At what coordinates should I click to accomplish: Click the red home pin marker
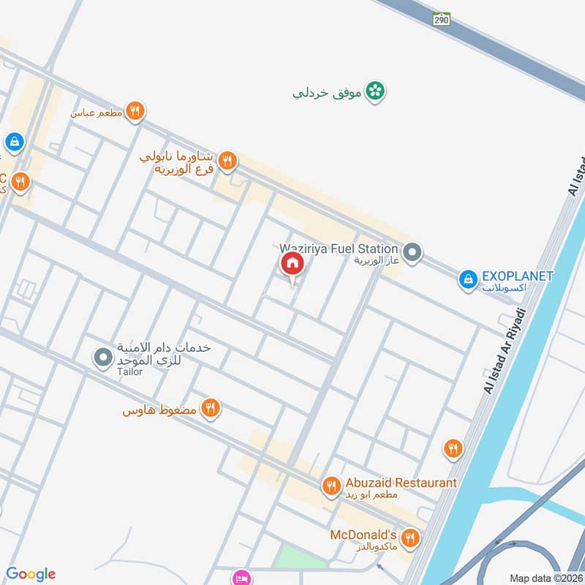[x=291, y=264]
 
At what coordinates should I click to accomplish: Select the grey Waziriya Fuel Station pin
[x=412, y=253]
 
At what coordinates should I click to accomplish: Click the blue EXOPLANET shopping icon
[x=467, y=279]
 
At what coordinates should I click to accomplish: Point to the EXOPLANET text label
[x=517, y=276]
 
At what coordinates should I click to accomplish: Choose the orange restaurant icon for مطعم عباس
[x=134, y=111]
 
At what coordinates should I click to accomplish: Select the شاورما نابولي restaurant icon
[x=227, y=160]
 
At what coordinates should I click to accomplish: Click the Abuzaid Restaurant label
[x=401, y=483]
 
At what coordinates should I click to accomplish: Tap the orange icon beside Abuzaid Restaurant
[x=331, y=485]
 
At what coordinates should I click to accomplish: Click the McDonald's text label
[x=363, y=535]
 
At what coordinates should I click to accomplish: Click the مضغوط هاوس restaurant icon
[x=211, y=408]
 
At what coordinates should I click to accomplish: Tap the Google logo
[x=31, y=574]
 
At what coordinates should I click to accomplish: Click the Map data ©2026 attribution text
[x=546, y=578]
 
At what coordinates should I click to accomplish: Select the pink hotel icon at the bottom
[x=241, y=578]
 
